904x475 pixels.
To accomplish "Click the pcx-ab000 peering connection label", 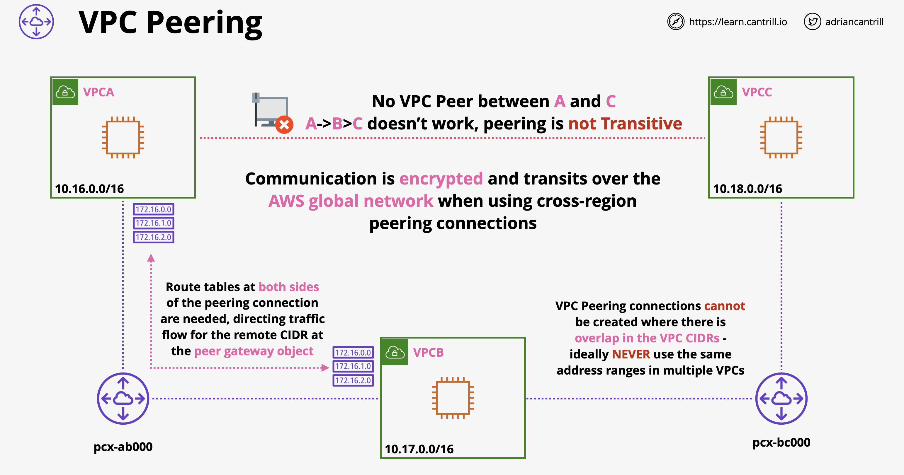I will point(123,447).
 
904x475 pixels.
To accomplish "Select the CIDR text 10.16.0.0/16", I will point(89,189).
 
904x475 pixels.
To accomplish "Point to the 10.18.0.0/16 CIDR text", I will point(747,189).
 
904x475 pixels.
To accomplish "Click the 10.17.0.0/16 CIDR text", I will point(419,449).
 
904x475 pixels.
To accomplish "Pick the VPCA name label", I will point(98,92).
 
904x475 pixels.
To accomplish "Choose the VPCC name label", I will point(757,92).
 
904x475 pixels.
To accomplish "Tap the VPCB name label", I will point(428,352).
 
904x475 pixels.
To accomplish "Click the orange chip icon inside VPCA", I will point(123,137).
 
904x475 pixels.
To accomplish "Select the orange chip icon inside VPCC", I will point(781,137).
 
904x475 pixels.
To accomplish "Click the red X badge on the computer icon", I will point(284,124).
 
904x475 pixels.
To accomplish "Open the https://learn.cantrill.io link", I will point(738,22).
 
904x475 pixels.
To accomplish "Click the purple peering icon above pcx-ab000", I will point(123,399).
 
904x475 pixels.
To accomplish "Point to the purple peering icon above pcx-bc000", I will point(781,399).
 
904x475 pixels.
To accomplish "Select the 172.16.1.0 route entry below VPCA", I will point(153,223).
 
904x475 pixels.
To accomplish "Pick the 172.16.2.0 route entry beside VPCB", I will point(353,380).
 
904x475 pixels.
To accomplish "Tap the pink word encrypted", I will point(441,179).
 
